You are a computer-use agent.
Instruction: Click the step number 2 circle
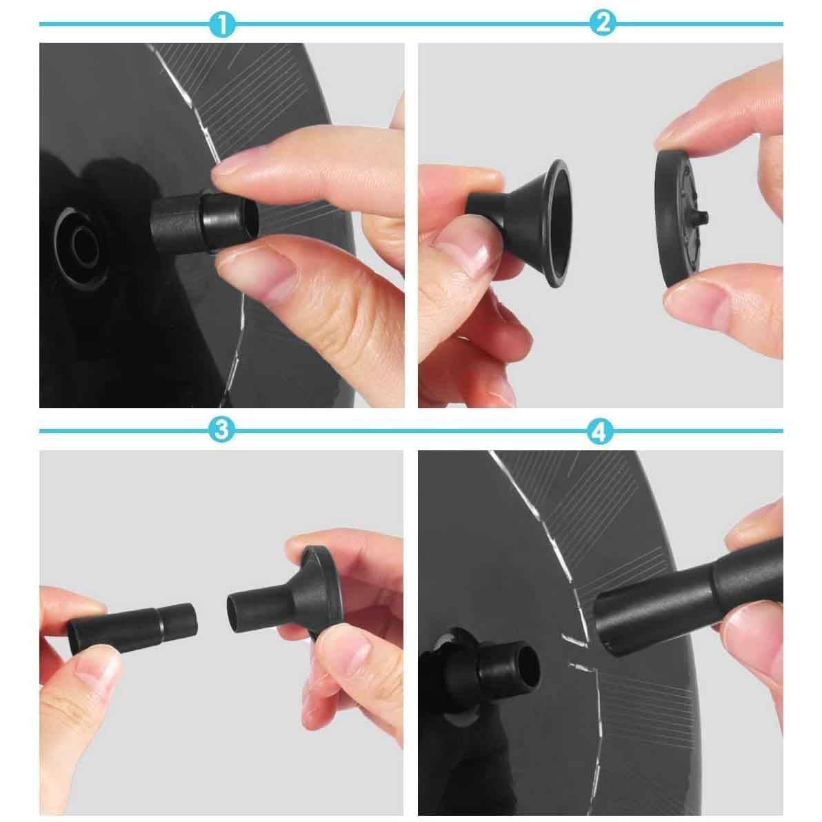click(602, 25)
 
